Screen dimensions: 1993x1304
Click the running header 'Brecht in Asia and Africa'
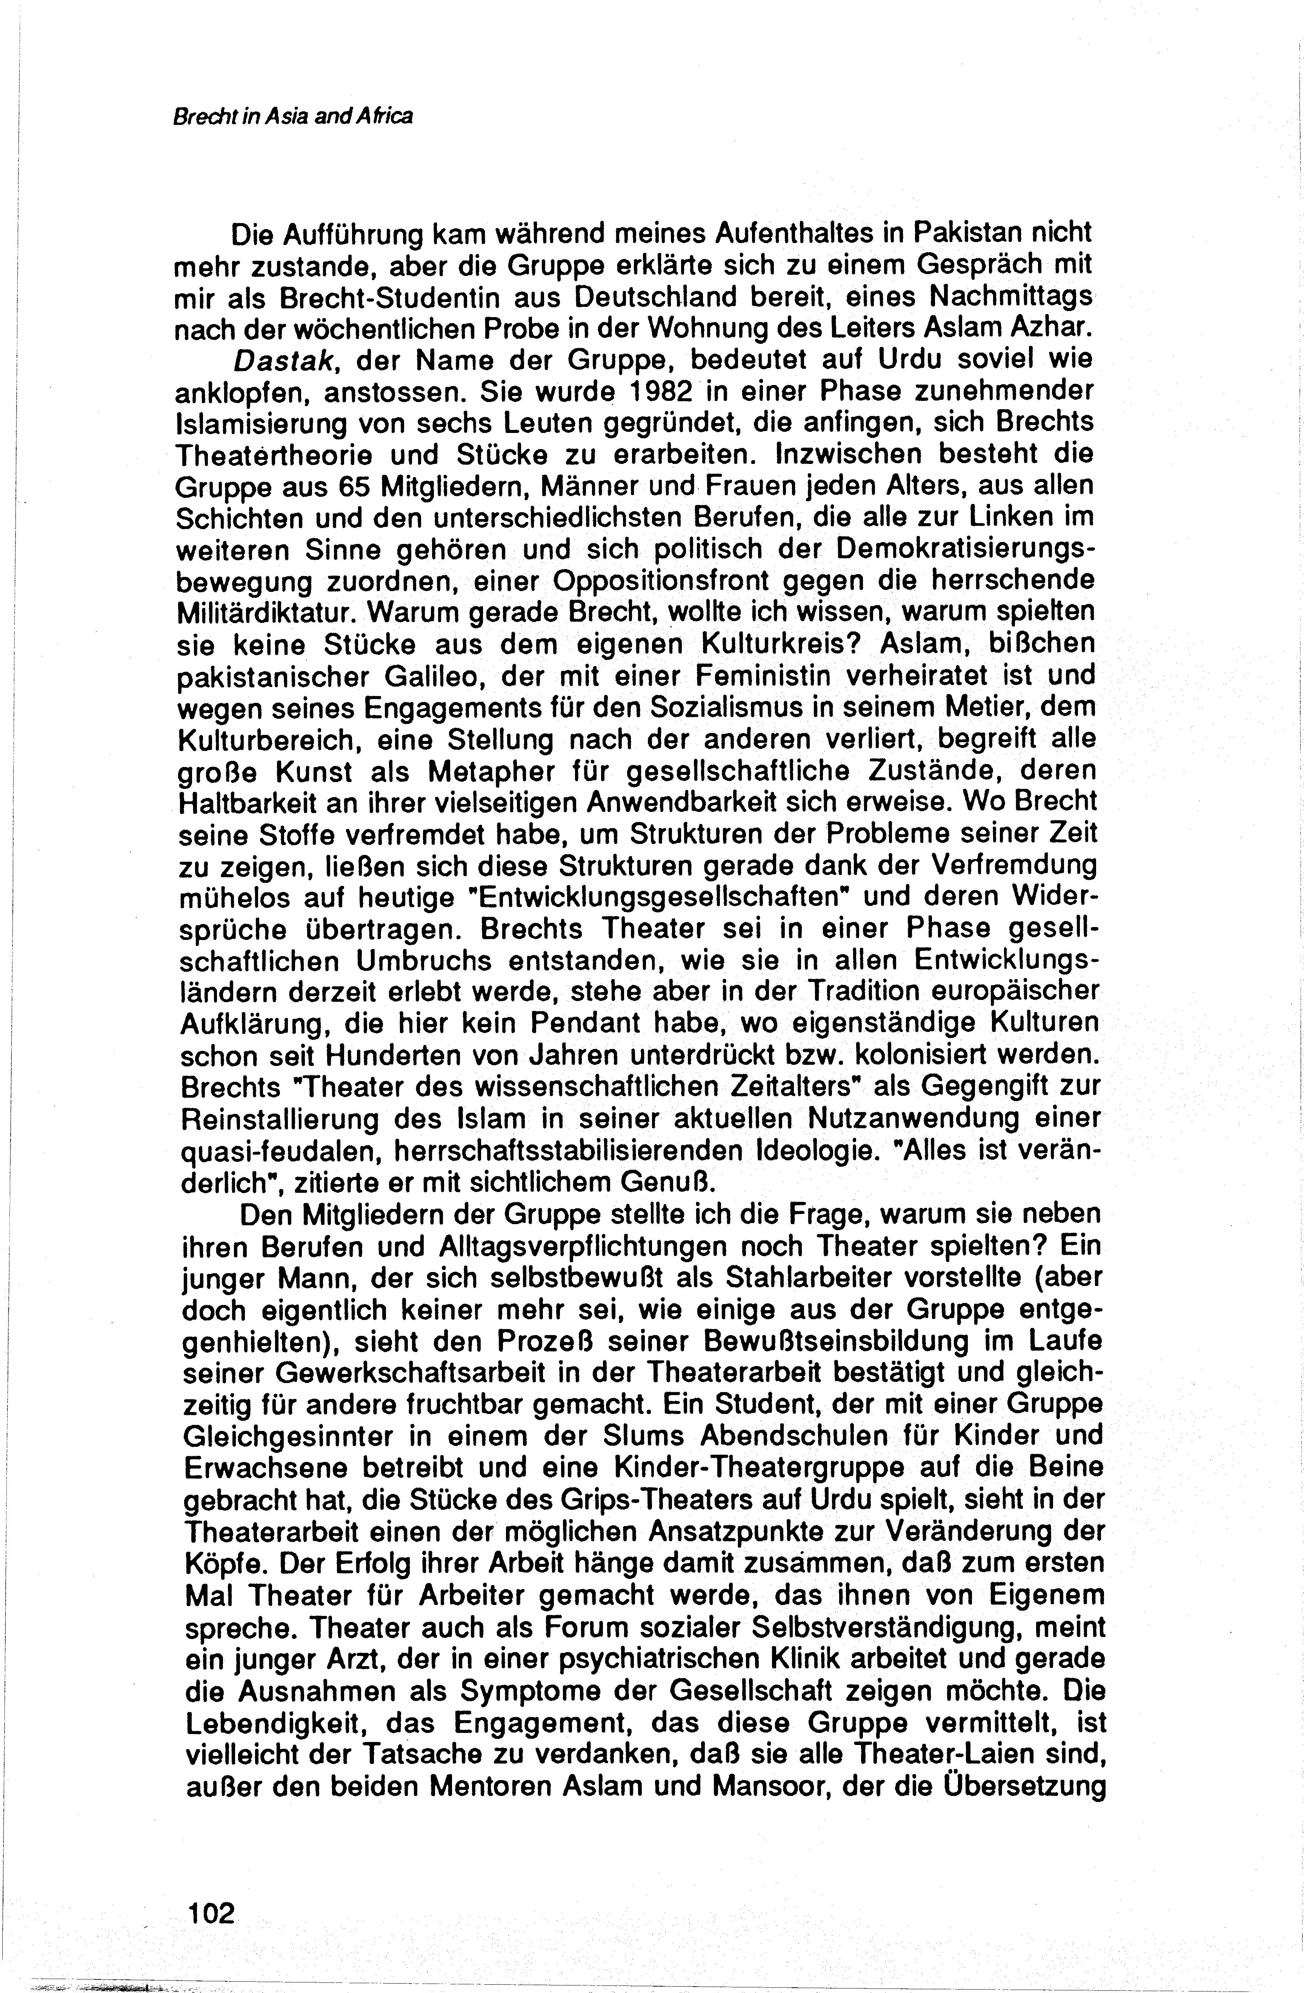click(x=293, y=116)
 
